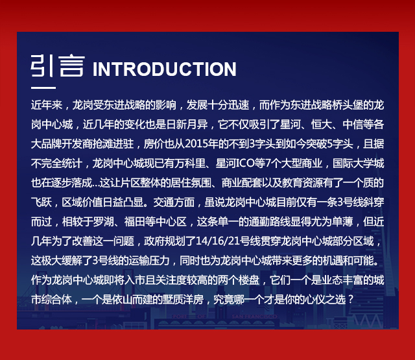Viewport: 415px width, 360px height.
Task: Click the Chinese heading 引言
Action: [58, 66]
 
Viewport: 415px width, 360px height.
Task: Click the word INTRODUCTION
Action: [164, 69]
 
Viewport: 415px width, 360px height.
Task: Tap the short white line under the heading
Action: [43, 88]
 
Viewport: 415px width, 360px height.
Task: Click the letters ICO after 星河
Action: [245, 163]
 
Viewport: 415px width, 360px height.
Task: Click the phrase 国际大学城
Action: [358, 163]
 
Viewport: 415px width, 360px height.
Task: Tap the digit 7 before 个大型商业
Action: [268, 163]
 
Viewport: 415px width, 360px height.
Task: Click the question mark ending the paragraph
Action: [351, 300]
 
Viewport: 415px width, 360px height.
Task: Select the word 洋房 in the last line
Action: [193, 300]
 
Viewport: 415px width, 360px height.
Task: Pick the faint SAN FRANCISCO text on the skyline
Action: [254, 317]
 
